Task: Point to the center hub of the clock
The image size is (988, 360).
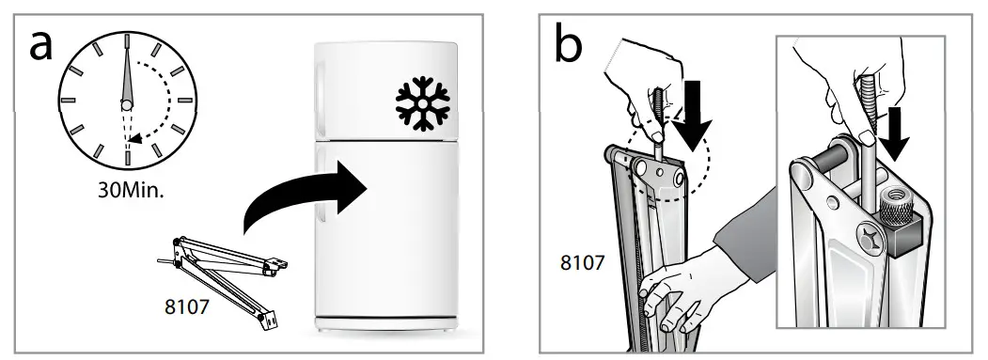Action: tap(127, 103)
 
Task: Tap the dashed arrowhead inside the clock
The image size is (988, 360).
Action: tap(137, 139)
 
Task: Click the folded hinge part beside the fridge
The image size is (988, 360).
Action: tap(226, 273)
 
